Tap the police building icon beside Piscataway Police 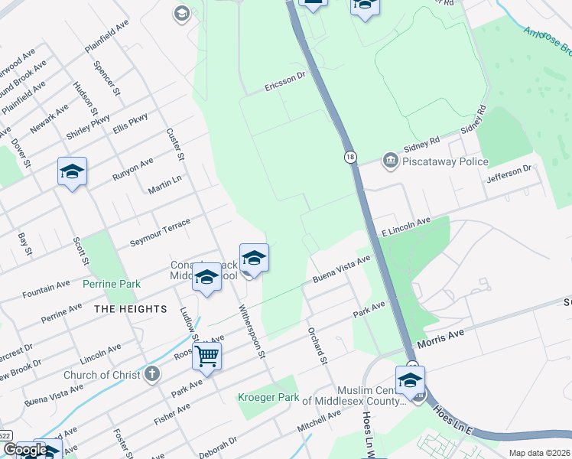pyautogui.click(x=391, y=160)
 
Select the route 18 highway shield pyautogui.click(x=350, y=156)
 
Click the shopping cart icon pyautogui.click(x=206, y=355)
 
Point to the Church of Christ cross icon pyautogui.click(x=152, y=374)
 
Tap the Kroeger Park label pyautogui.click(x=267, y=397)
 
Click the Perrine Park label pyautogui.click(x=112, y=284)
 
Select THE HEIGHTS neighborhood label pyautogui.click(x=130, y=308)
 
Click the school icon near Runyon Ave pyautogui.click(x=72, y=172)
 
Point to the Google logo pyautogui.click(x=25, y=450)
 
